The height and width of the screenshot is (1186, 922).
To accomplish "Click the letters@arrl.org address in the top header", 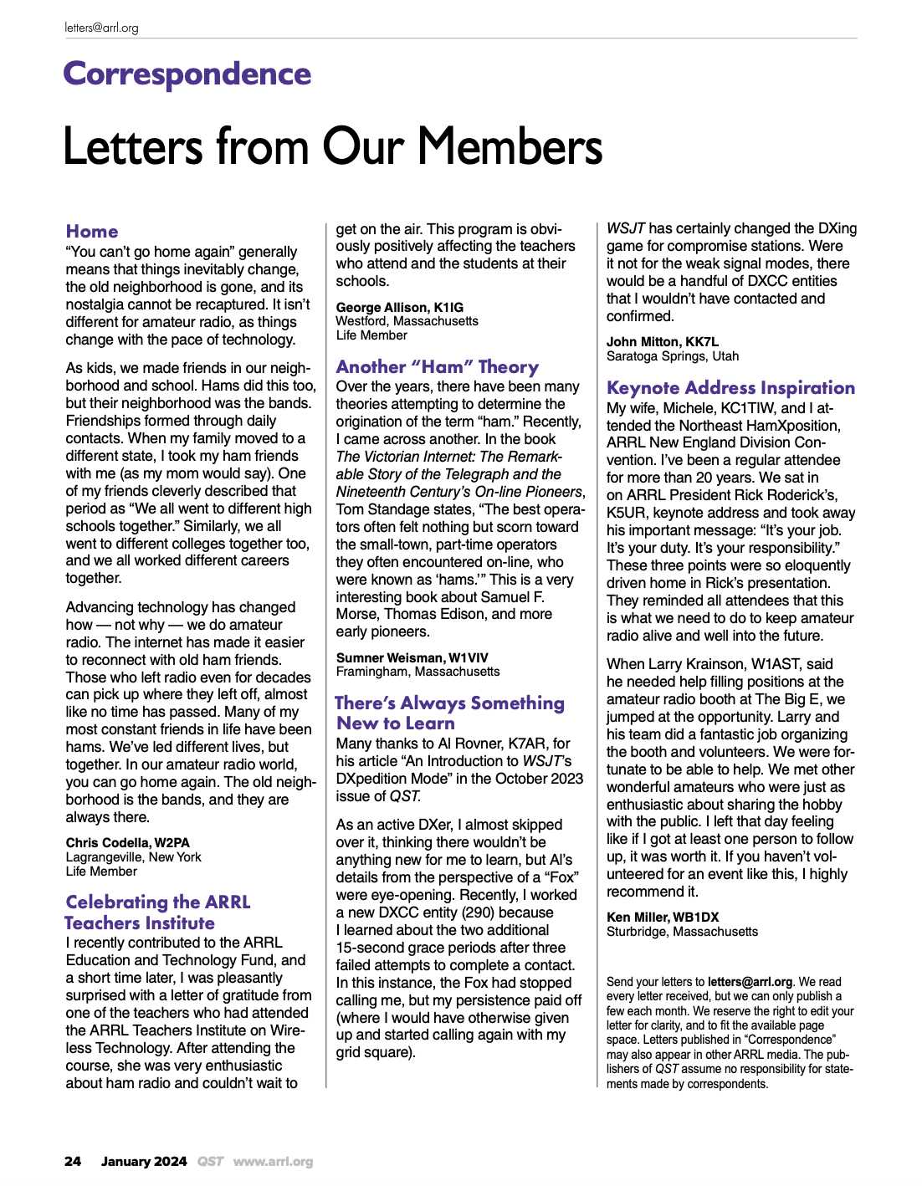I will click(101, 28).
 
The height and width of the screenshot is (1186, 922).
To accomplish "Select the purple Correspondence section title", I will click(187, 74).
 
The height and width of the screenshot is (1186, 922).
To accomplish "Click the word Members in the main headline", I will click(510, 147).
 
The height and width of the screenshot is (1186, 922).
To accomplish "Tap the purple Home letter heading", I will click(92, 232).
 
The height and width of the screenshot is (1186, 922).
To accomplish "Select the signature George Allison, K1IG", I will click(399, 307).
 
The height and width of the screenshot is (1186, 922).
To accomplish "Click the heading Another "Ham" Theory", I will click(437, 367).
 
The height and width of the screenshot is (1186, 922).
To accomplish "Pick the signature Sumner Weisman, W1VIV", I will click(412, 657).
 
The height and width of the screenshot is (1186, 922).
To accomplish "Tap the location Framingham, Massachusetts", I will click(417, 672).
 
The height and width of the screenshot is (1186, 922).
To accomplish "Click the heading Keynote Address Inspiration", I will click(730, 388).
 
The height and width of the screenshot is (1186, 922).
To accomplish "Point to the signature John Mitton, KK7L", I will click(662, 341).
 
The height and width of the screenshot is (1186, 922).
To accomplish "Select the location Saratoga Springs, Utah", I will click(673, 356).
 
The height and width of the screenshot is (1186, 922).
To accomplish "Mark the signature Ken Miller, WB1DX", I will click(663, 917).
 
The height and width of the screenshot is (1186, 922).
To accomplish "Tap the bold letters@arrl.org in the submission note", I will click(750, 982).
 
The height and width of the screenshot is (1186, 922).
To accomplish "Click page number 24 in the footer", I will click(73, 1161).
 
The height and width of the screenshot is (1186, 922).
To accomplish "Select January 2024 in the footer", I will click(144, 1161).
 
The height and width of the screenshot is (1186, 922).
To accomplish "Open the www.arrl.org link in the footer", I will click(273, 1161).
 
